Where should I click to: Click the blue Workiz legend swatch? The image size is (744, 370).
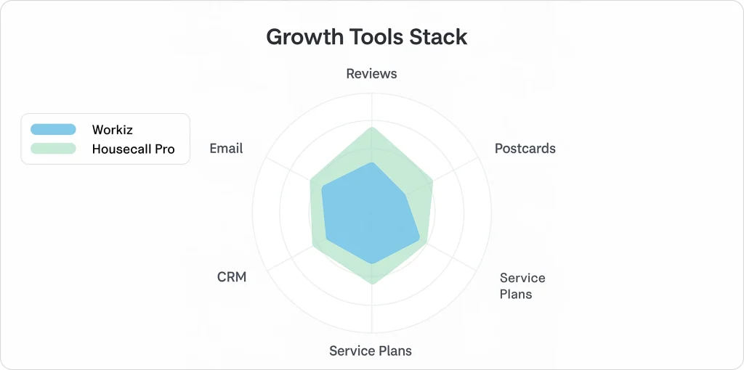tap(53, 130)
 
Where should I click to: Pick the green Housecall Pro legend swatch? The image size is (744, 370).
tap(53, 149)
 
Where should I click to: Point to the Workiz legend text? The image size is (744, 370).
tap(113, 130)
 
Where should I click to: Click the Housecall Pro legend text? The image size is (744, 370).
tap(133, 149)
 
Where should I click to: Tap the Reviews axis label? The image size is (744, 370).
tap(371, 73)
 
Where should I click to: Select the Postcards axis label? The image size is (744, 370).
tap(525, 149)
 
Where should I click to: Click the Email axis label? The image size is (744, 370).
tap(226, 149)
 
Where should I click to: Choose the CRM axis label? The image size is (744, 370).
tap(232, 277)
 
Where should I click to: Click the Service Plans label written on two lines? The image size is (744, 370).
tap(522, 286)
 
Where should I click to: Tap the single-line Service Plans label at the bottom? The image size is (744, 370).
tap(371, 351)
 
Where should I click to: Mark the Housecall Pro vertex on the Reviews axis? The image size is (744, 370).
tap(371, 128)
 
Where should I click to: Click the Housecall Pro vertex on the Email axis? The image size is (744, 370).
tap(310, 180)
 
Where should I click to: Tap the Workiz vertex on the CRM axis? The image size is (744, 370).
tap(326, 239)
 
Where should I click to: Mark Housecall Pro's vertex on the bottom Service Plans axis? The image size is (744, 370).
tap(371, 284)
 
